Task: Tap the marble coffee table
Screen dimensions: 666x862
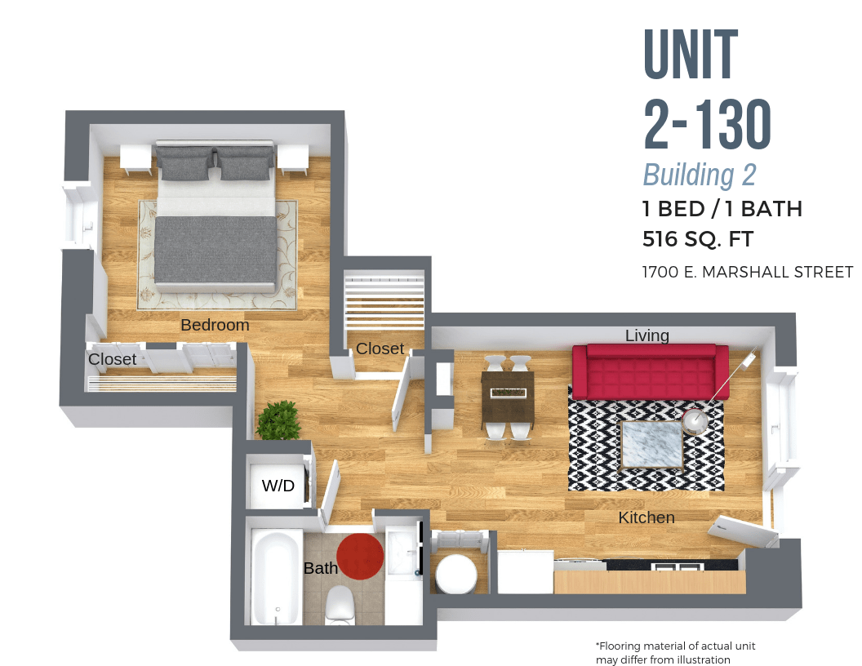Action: [x=651, y=445]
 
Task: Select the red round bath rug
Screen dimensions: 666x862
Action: [x=360, y=556]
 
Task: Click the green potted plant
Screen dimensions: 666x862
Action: [x=278, y=420]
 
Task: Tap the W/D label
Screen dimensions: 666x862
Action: [x=278, y=486]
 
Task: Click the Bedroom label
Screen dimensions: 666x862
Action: [x=215, y=325]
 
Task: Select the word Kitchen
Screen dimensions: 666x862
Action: [x=646, y=517]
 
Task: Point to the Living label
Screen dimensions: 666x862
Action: [x=647, y=335]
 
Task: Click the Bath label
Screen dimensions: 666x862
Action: [x=320, y=568]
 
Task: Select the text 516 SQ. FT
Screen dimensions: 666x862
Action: [x=697, y=240]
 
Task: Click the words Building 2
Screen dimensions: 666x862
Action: [x=700, y=175]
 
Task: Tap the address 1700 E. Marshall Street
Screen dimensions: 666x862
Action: [x=748, y=272]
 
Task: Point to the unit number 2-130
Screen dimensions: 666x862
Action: [x=707, y=127]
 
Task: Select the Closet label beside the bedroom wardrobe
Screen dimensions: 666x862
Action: [x=112, y=359]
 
